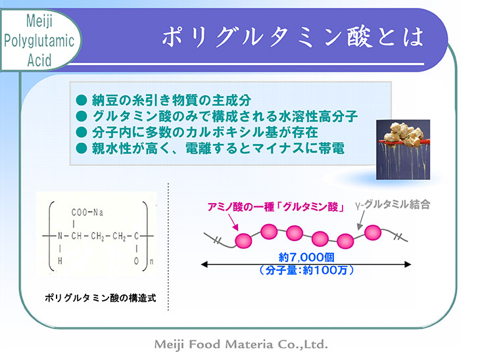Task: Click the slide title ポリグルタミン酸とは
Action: [293, 37]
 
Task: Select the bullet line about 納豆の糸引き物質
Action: [164, 101]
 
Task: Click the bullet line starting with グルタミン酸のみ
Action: [217, 116]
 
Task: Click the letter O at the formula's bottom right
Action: [136, 261]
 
